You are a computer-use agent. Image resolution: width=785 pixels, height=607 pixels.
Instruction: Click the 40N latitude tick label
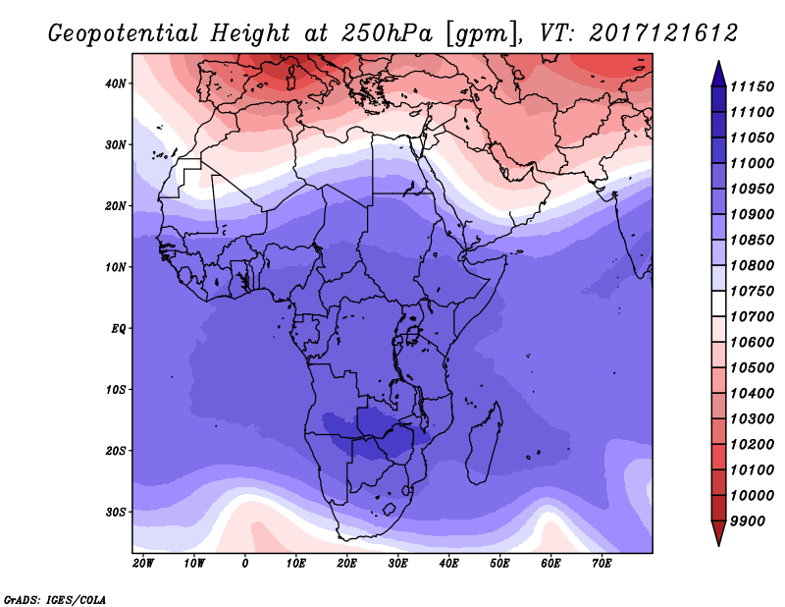pos(116,83)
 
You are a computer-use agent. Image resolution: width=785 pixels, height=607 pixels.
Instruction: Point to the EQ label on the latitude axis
pos(118,329)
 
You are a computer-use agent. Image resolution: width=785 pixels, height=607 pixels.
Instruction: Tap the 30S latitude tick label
pos(116,513)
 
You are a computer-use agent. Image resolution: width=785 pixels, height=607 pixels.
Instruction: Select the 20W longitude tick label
pos(143,564)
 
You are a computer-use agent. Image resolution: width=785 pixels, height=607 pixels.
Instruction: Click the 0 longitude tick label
pos(244,564)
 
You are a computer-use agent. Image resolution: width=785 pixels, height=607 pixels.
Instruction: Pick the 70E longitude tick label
pos(602,564)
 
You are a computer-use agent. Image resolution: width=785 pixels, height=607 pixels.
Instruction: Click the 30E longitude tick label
pos(398,564)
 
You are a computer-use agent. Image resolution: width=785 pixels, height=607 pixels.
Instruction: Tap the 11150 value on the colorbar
pos(752,86)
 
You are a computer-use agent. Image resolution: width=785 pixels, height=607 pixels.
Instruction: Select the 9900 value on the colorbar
pos(748,522)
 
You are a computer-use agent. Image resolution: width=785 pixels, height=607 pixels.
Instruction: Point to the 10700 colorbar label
pos(752,317)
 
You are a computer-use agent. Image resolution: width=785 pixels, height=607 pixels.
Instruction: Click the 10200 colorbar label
pos(752,445)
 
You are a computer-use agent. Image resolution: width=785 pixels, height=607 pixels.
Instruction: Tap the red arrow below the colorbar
pos(719,532)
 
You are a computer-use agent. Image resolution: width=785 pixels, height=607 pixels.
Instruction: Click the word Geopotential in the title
pos(124,34)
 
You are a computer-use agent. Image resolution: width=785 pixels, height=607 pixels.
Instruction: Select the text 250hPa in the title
pos(387,33)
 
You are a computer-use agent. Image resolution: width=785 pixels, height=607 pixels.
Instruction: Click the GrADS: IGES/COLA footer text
pos(55,600)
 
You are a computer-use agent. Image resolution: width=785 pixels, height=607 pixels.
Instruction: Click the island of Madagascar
pos(483,446)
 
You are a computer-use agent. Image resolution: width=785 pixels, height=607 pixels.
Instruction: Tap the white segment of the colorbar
pos(719,303)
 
